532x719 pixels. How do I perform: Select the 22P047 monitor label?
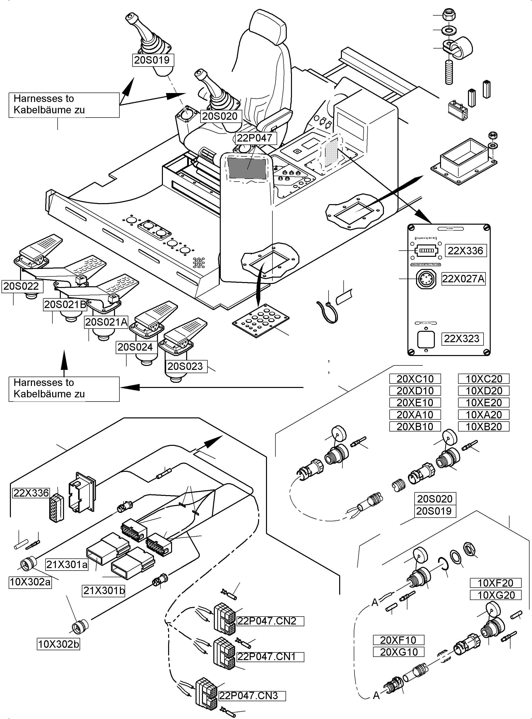[254, 138]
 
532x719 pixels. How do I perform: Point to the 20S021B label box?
[65, 305]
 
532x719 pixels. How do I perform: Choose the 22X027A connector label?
[463, 279]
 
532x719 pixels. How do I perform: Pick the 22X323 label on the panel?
[462, 339]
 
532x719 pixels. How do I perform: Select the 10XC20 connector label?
[484, 379]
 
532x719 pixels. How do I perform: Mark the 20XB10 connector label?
[415, 427]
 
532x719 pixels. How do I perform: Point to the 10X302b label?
[58, 644]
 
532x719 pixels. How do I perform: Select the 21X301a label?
[67, 565]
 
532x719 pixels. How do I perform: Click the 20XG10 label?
[398, 652]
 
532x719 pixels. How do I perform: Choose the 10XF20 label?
[495, 583]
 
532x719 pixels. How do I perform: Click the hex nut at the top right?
[449, 15]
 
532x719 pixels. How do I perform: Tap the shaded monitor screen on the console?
[247, 168]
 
